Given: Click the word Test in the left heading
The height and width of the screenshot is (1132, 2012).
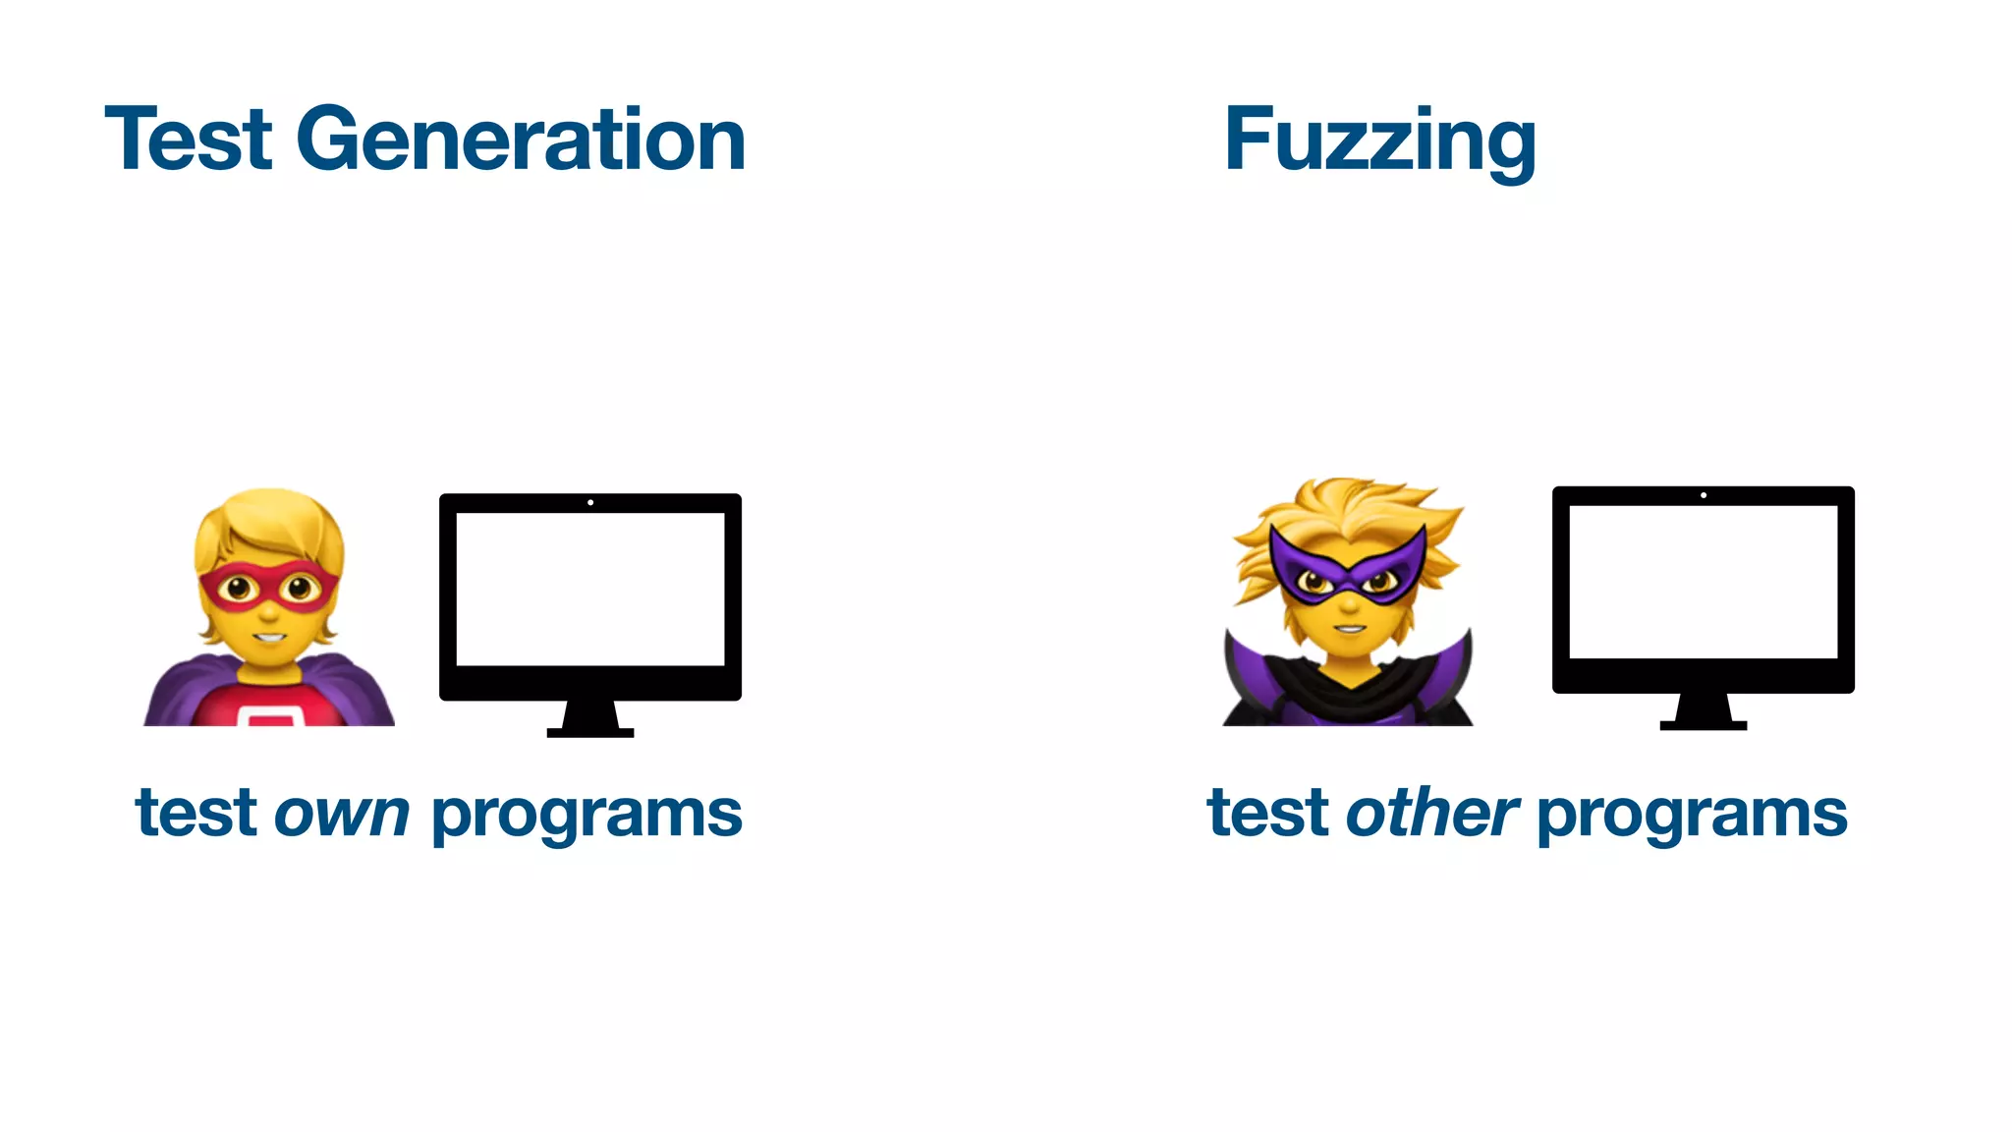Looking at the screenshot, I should tap(188, 140).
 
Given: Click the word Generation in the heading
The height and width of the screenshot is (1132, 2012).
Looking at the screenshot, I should tap(521, 140).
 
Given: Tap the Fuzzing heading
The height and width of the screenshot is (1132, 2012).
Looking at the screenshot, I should tap(1379, 142).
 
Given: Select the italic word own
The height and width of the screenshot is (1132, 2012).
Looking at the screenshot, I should tap(341, 815).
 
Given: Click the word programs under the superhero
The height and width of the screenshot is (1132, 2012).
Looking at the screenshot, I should tap(587, 817).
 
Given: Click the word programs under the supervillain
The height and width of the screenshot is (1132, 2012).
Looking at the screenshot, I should tap(1692, 817).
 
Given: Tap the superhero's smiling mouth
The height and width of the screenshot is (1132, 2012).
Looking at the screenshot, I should tap(267, 637).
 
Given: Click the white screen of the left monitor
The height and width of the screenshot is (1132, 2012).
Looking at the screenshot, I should tap(590, 589).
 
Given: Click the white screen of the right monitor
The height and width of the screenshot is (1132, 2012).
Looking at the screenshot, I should tap(1703, 582).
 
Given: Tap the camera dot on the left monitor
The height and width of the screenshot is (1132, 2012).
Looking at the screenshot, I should tap(590, 503).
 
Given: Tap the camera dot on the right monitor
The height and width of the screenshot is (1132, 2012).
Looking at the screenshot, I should tap(1704, 495).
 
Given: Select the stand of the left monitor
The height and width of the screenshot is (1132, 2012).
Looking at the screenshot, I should tap(590, 719).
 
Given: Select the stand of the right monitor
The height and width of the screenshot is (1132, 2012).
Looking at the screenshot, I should tap(1704, 711).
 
